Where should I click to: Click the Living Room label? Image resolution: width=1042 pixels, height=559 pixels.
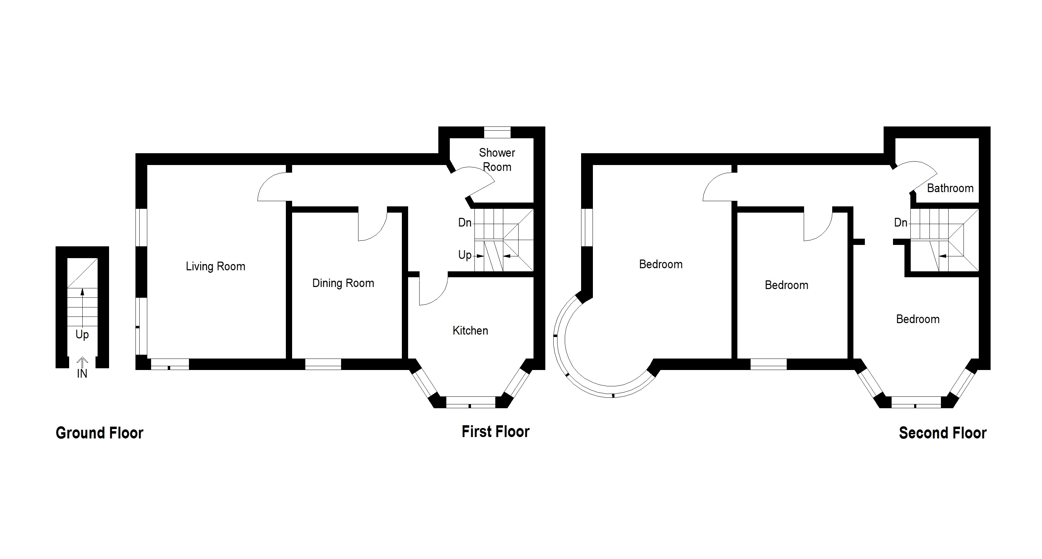(x=216, y=266)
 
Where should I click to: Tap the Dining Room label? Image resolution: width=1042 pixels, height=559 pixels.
(x=343, y=283)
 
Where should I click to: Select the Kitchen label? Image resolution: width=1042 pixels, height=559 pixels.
(x=470, y=330)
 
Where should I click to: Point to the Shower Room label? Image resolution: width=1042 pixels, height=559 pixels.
(x=497, y=160)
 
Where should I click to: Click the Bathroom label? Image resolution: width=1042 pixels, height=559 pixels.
(x=950, y=188)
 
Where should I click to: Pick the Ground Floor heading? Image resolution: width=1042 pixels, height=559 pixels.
(x=99, y=433)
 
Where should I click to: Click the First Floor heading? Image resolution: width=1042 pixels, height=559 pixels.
(x=496, y=431)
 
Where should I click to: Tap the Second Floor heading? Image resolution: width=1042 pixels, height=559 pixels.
(x=943, y=433)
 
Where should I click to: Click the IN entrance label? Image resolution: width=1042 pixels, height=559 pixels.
(x=82, y=374)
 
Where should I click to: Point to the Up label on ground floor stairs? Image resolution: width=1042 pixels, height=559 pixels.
(x=82, y=335)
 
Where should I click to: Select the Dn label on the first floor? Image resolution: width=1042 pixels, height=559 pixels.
(x=465, y=222)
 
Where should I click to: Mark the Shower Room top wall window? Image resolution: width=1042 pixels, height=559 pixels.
(x=497, y=132)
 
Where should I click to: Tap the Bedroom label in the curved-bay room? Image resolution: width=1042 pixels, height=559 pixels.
(x=661, y=264)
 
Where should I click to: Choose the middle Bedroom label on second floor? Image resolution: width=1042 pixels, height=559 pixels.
(x=786, y=285)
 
